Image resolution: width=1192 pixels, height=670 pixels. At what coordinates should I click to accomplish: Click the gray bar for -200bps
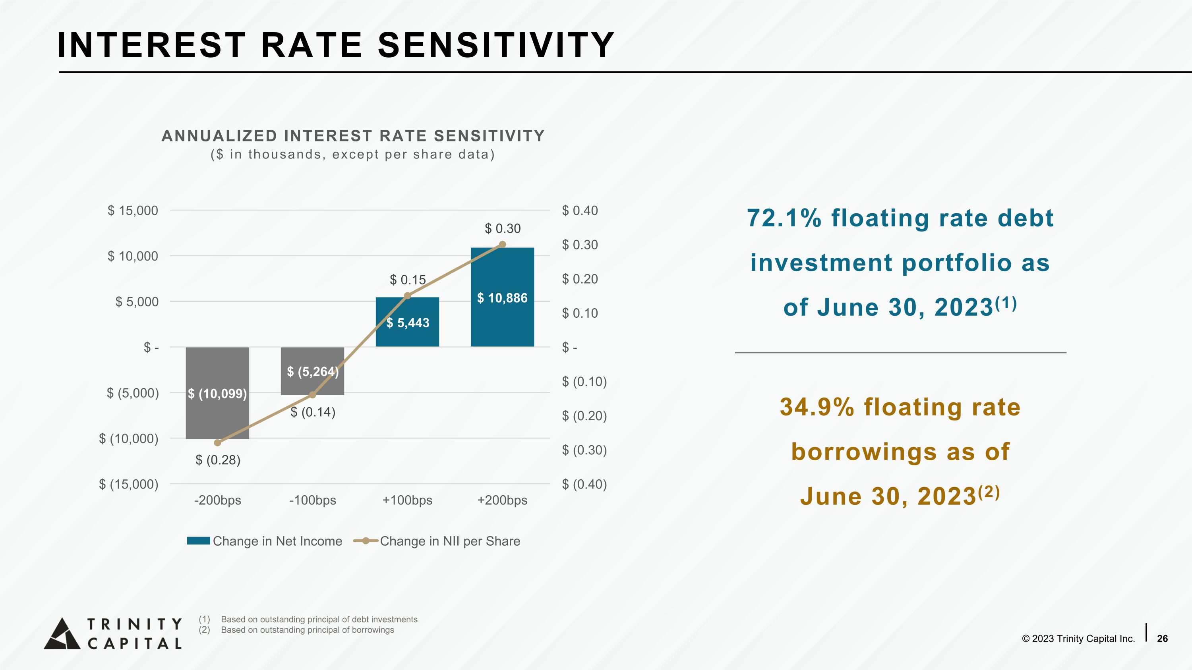[x=217, y=393]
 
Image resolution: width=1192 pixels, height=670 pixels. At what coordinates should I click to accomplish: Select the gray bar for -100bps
[x=312, y=371]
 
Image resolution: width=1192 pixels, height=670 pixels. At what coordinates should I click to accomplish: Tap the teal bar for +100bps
[x=407, y=322]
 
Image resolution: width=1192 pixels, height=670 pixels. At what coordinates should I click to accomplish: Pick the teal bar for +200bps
[x=503, y=297]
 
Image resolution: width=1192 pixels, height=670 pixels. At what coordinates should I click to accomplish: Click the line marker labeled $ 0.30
[x=503, y=244]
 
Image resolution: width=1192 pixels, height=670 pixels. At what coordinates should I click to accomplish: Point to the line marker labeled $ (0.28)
[x=217, y=442]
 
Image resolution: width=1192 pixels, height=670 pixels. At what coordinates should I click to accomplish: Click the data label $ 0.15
[x=408, y=280]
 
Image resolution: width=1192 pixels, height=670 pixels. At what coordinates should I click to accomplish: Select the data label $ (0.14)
[x=313, y=412]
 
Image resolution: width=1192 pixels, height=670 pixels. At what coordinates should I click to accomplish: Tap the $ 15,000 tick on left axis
[x=133, y=210]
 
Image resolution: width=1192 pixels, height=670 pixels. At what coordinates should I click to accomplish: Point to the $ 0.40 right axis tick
[x=580, y=210]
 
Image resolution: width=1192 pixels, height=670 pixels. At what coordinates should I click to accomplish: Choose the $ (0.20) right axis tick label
[x=584, y=416]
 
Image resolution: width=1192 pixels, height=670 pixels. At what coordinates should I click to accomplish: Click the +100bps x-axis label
[x=407, y=500]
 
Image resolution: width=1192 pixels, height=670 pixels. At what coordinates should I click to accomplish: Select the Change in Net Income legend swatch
[x=199, y=541]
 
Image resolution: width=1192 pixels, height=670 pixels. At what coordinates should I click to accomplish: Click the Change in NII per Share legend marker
[x=366, y=541]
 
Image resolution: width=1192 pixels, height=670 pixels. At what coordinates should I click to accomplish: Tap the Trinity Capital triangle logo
[x=62, y=633]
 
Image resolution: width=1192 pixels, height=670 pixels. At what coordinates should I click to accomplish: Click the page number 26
[x=1162, y=639]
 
